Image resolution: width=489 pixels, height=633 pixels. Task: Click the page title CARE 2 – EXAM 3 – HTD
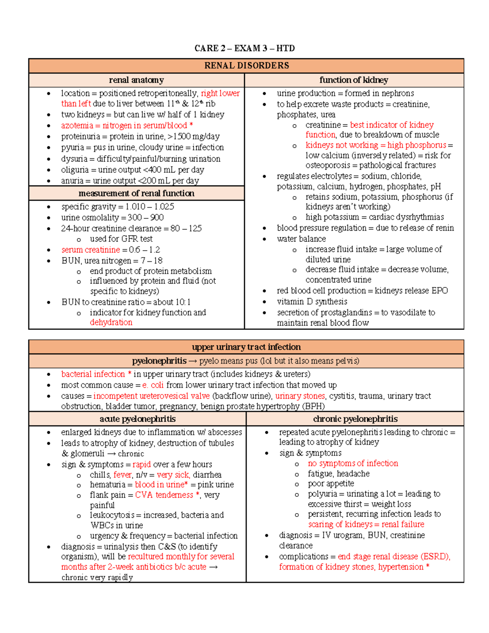244,49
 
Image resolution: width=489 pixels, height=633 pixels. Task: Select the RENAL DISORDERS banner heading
247,66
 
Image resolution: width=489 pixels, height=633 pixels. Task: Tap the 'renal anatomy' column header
136,80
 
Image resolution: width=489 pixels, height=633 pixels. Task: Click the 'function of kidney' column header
354,80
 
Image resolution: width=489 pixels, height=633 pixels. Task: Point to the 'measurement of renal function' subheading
136,193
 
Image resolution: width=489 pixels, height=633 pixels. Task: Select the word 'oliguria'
75,170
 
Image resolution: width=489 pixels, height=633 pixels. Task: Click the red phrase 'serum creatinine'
90,250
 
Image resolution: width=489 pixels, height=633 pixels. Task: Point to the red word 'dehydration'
111,322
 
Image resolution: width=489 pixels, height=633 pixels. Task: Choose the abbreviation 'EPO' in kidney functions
439,291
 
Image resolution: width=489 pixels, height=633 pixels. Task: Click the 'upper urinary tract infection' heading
246,347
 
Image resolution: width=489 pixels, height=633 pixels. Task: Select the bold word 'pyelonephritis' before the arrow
159,361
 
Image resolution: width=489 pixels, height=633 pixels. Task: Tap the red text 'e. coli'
153,385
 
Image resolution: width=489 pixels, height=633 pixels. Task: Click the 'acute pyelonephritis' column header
137,419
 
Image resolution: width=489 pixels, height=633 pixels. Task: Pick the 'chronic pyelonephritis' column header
355,419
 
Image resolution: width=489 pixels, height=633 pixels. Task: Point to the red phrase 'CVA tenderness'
164,495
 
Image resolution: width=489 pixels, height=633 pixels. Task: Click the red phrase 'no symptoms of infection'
353,463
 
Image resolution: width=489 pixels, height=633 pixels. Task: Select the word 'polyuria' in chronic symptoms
322,494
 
